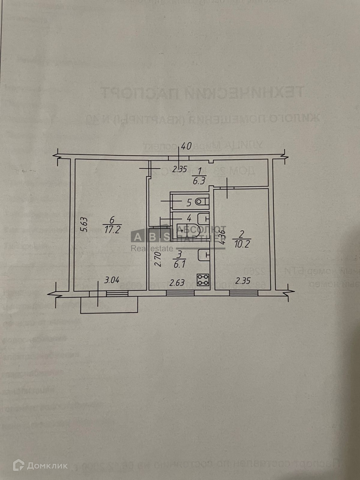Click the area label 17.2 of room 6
pyautogui.click(x=112, y=230)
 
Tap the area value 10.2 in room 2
pyautogui.click(x=242, y=244)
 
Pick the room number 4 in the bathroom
pyautogui.click(x=189, y=219)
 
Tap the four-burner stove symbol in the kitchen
pyautogui.click(x=203, y=279)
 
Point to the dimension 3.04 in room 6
pyautogui.click(x=112, y=280)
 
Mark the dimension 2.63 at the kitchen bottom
pyautogui.click(x=177, y=283)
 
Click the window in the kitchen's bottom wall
pyautogui.click(x=180, y=293)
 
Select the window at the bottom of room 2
pyautogui.click(x=244, y=293)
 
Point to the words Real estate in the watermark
pyautogui.click(x=152, y=248)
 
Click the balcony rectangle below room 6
pyautogui.click(x=109, y=304)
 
